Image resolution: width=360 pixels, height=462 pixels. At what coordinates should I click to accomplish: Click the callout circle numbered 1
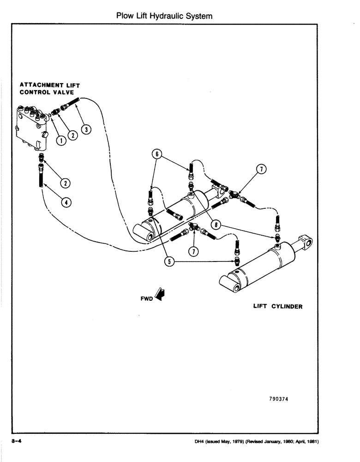(x=60, y=140)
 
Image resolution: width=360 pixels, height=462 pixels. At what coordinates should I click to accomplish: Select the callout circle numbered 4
(x=66, y=202)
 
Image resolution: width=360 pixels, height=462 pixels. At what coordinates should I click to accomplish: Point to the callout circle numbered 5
(x=169, y=261)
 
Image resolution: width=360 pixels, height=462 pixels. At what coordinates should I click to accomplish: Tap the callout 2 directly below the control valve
(x=66, y=183)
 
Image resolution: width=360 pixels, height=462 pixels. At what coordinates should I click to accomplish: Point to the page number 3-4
(x=17, y=441)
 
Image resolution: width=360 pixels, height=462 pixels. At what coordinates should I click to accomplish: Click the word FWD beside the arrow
(x=146, y=298)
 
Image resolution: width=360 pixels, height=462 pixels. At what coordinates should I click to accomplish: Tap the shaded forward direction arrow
(x=160, y=294)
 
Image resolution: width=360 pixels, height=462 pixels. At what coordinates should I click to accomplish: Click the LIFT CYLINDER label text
(x=277, y=306)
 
